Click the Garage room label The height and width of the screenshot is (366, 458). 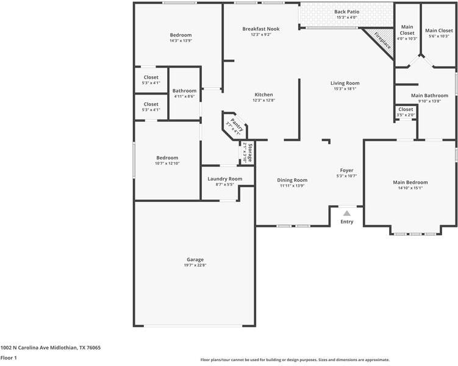point(195,259)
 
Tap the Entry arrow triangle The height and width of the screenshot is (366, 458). point(347,213)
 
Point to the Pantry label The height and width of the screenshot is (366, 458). point(237,124)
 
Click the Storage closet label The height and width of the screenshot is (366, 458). point(250,152)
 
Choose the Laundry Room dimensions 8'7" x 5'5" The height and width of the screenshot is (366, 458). point(224,184)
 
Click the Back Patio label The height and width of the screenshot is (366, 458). point(347,12)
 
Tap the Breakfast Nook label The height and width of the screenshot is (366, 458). point(261,29)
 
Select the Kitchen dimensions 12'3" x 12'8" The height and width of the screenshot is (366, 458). point(263,100)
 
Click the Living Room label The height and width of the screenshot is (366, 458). point(345,83)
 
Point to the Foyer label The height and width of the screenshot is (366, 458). point(347,170)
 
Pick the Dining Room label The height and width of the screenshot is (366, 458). point(292,180)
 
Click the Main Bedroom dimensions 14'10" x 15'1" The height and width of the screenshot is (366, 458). point(410,188)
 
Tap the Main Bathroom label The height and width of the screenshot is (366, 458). point(429,96)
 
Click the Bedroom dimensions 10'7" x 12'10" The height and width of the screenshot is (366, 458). point(167,163)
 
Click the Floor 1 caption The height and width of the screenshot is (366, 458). point(9,357)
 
